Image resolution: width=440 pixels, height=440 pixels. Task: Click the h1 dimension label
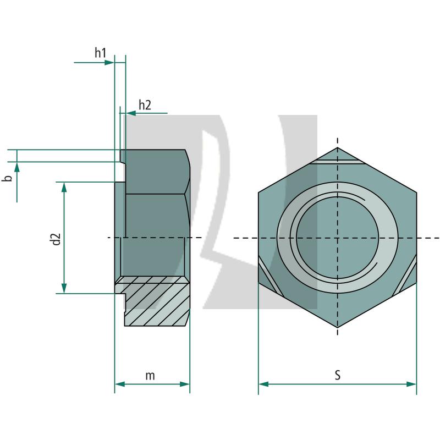[x=100, y=53]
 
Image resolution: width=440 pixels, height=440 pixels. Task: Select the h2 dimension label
[x=145, y=105]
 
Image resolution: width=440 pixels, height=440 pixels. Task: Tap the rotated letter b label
[x=7, y=179]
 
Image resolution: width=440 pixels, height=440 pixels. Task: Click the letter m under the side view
[x=150, y=376]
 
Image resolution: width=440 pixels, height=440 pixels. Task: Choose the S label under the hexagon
[x=337, y=375]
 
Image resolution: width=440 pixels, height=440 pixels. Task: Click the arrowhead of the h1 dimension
[x=109, y=62]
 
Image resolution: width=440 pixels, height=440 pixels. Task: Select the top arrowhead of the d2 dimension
[x=64, y=187]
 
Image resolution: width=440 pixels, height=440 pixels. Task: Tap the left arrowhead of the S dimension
[x=263, y=384]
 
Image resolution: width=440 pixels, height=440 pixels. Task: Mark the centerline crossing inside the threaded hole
[x=337, y=238]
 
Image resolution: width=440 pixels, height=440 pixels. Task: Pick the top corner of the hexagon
[x=337, y=147]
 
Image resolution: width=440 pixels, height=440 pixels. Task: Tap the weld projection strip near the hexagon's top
[x=338, y=162]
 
